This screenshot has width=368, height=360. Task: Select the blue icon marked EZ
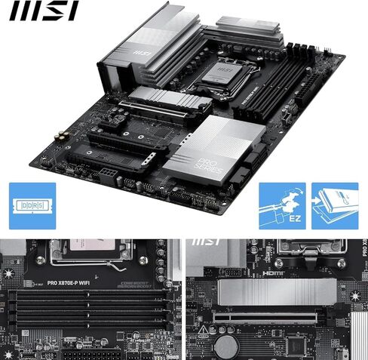284,206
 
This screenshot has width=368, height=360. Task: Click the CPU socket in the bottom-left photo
91,253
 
